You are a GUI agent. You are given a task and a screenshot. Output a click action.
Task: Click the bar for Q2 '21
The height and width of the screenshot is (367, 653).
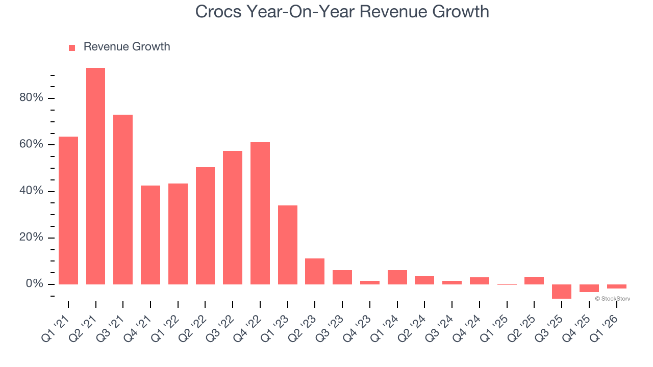[95, 176]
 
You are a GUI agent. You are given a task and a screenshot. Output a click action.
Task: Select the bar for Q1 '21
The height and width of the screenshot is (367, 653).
[68, 210]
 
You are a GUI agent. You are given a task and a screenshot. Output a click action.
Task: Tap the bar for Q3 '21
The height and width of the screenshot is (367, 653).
[123, 199]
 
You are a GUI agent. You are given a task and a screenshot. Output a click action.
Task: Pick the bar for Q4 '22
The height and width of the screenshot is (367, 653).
[260, 213]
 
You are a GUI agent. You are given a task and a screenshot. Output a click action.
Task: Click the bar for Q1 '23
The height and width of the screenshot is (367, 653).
[288, 245]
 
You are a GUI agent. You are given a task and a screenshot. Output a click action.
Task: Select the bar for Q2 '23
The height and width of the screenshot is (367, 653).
[315, 271]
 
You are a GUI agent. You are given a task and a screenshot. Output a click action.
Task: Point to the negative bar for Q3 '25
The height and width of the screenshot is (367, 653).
[562, 292]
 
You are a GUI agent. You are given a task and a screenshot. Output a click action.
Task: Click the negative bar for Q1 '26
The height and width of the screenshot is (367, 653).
[616, 286]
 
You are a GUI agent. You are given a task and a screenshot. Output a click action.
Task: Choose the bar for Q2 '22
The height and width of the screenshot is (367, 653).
[205, 225]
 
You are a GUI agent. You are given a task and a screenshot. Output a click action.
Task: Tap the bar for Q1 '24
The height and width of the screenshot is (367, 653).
[397, 277]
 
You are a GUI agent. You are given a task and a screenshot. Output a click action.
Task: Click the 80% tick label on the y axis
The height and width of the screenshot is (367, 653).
[31, 98]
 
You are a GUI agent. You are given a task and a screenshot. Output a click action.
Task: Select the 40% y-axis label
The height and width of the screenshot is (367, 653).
[31, 191]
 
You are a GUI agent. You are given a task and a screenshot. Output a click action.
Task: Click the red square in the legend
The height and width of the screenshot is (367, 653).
[72, 48]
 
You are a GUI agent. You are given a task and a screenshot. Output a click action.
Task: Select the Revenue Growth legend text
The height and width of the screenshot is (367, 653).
[127, 47]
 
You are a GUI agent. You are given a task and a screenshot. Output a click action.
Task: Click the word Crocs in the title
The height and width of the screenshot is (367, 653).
[218, 11]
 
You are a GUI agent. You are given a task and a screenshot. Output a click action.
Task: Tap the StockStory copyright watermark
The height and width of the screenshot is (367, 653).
[612, 299]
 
